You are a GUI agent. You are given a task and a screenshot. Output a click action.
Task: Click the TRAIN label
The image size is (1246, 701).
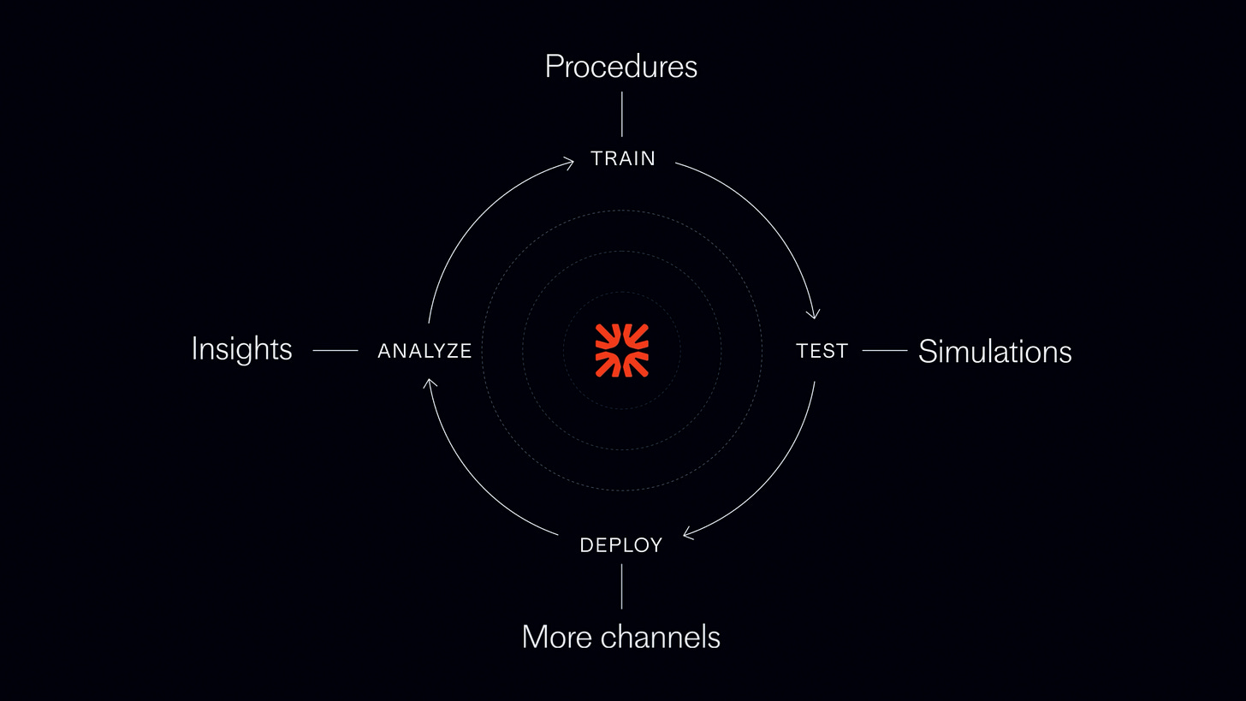623,158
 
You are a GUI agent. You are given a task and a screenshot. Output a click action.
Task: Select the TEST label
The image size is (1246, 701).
822,351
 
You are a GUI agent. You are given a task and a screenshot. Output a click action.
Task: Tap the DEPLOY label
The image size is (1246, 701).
621,545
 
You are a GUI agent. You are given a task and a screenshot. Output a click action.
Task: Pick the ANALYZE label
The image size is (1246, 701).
424,351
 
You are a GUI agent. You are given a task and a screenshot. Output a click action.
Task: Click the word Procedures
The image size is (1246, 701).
621,67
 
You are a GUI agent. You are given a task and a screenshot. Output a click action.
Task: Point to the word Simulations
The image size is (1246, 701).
994,352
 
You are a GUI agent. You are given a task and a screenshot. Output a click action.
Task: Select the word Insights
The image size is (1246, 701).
241,349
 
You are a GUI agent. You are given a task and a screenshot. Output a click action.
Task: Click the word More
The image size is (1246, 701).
557,637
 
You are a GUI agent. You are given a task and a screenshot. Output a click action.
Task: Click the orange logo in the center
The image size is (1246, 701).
622,350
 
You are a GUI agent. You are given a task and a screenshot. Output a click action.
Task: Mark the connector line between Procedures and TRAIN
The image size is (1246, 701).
622,114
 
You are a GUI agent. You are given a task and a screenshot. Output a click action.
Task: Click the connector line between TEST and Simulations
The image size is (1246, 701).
885,350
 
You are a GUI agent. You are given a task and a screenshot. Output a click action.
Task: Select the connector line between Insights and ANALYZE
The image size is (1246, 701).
335,350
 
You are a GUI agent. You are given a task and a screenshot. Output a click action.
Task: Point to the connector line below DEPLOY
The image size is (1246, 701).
621,586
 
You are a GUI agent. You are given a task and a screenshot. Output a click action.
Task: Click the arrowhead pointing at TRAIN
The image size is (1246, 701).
568,162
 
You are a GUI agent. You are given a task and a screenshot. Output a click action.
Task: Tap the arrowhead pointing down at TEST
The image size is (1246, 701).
814,314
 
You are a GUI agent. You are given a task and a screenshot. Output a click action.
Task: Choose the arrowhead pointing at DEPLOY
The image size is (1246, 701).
687,535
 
